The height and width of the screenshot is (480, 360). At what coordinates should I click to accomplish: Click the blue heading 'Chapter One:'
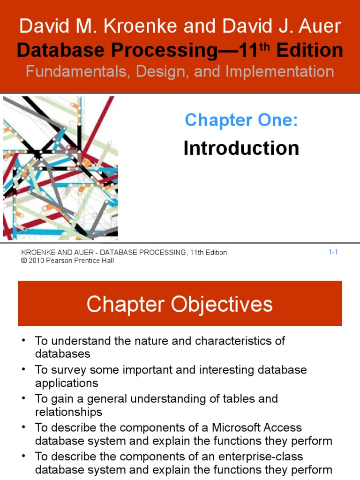coord(241,120)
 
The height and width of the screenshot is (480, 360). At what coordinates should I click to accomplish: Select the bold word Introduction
coord(241,148)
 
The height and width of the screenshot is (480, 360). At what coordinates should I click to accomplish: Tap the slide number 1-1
coord(333,252)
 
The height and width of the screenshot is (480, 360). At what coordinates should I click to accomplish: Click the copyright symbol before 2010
coord(24,261)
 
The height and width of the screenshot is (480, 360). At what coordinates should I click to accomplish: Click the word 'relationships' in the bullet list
coord(68,412)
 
